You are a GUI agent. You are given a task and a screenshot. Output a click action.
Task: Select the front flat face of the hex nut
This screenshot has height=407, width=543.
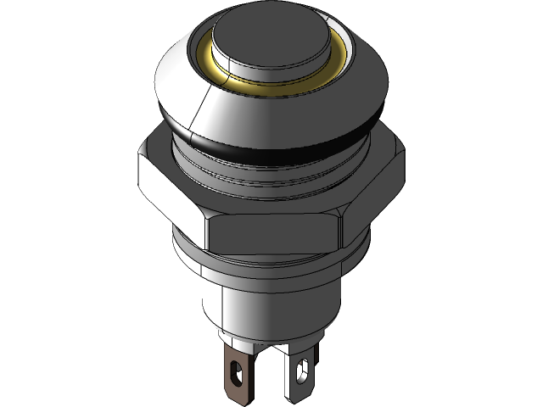(x=271, y=234)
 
